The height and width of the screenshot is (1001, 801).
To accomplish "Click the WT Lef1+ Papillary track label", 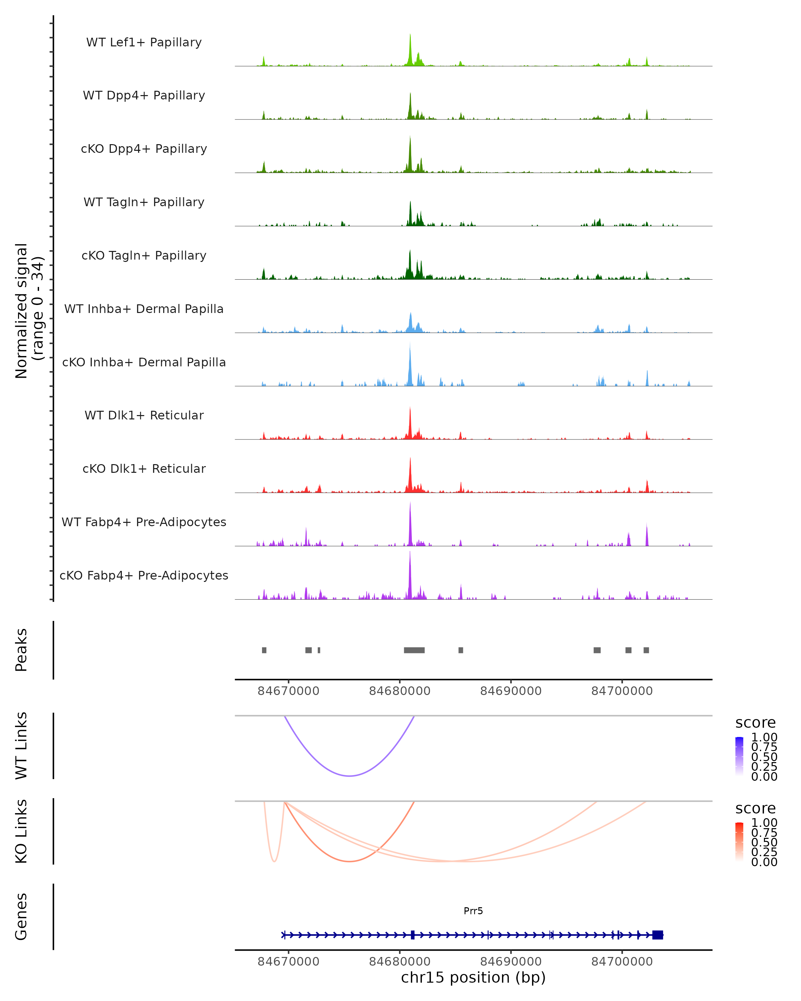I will [x=144, y=42].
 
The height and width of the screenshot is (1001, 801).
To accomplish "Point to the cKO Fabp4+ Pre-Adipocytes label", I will [x=144, y=575].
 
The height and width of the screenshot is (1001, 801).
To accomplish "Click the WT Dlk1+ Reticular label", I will [x=144, y=415].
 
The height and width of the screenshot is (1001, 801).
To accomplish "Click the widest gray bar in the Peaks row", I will [x=414, y=650].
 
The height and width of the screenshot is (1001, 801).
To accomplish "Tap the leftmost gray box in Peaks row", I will [x=264, y=650].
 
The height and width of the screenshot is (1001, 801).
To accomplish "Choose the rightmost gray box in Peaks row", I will [x=646, y=650].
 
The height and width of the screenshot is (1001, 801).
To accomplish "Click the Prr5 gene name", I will [x=473, y=911].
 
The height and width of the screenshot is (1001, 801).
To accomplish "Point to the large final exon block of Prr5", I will [x=657, y=935].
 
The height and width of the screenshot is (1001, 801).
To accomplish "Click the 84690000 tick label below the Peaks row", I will [x=511, y=691].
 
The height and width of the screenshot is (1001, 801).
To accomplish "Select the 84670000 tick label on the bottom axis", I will [x=288, y=962].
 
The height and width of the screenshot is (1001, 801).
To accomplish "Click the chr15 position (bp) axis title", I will [x=473, y=978].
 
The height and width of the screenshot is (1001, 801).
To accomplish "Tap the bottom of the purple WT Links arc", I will [x=350, y=776].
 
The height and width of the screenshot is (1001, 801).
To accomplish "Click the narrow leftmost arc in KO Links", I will [x=274, y=860].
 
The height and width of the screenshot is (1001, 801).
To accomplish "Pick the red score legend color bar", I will [x=740, y=842].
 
